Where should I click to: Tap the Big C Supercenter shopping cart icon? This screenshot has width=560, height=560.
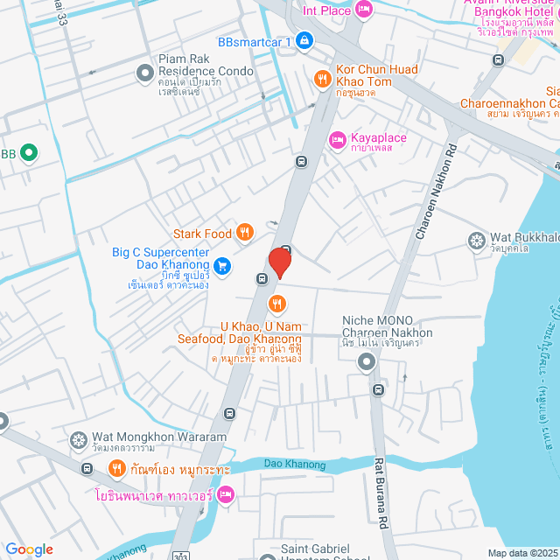[223, 264]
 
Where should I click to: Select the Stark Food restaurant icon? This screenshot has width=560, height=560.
[246, 233]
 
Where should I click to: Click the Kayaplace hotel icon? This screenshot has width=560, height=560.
[337, 139]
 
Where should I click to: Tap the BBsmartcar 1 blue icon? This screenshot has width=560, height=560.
[303, 40]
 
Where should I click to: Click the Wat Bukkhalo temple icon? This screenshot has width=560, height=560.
[477, 239]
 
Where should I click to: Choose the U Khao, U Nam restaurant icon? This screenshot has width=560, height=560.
[277, 304]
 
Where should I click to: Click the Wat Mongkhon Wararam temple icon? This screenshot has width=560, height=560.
[79, 438]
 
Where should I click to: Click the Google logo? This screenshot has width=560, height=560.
[29, 549]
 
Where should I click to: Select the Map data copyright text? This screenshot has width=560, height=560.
[521, 552]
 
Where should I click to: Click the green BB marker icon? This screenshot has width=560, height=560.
[29, 153]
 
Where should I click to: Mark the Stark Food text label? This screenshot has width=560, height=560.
[202, 234]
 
